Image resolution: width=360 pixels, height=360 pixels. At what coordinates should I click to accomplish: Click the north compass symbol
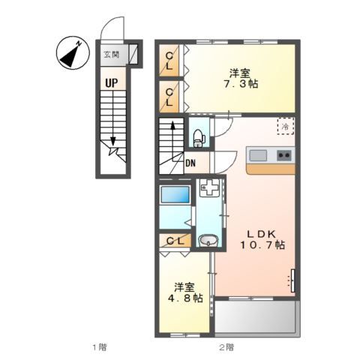73,52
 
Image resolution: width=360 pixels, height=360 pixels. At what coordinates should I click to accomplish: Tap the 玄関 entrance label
112,54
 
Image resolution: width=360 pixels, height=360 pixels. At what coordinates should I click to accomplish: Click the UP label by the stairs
112,82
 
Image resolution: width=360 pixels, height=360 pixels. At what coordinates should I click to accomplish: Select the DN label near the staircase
190,163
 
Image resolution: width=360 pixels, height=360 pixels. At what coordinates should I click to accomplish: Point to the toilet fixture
199,138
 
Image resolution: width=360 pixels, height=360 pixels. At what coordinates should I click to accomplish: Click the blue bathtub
175,194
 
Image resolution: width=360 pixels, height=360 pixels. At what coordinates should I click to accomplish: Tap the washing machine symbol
209,187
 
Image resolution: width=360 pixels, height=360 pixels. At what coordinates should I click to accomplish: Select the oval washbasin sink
208,241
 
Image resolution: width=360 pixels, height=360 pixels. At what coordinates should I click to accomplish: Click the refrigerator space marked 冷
286,126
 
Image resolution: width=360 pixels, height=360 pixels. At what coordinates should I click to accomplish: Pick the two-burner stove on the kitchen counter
284,155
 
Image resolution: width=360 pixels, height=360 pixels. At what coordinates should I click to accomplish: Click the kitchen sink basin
258,155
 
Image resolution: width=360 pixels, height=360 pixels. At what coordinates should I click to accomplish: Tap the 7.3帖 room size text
241,84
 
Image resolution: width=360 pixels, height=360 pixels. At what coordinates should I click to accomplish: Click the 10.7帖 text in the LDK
262,244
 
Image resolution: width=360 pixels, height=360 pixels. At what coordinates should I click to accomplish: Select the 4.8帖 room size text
185,298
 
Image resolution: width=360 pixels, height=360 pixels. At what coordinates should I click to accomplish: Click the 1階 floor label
100,347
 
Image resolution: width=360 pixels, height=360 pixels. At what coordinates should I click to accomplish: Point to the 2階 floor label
226,347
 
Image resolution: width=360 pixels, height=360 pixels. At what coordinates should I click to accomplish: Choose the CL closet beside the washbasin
175,241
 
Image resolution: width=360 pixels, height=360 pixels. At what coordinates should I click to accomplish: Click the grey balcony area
255,316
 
